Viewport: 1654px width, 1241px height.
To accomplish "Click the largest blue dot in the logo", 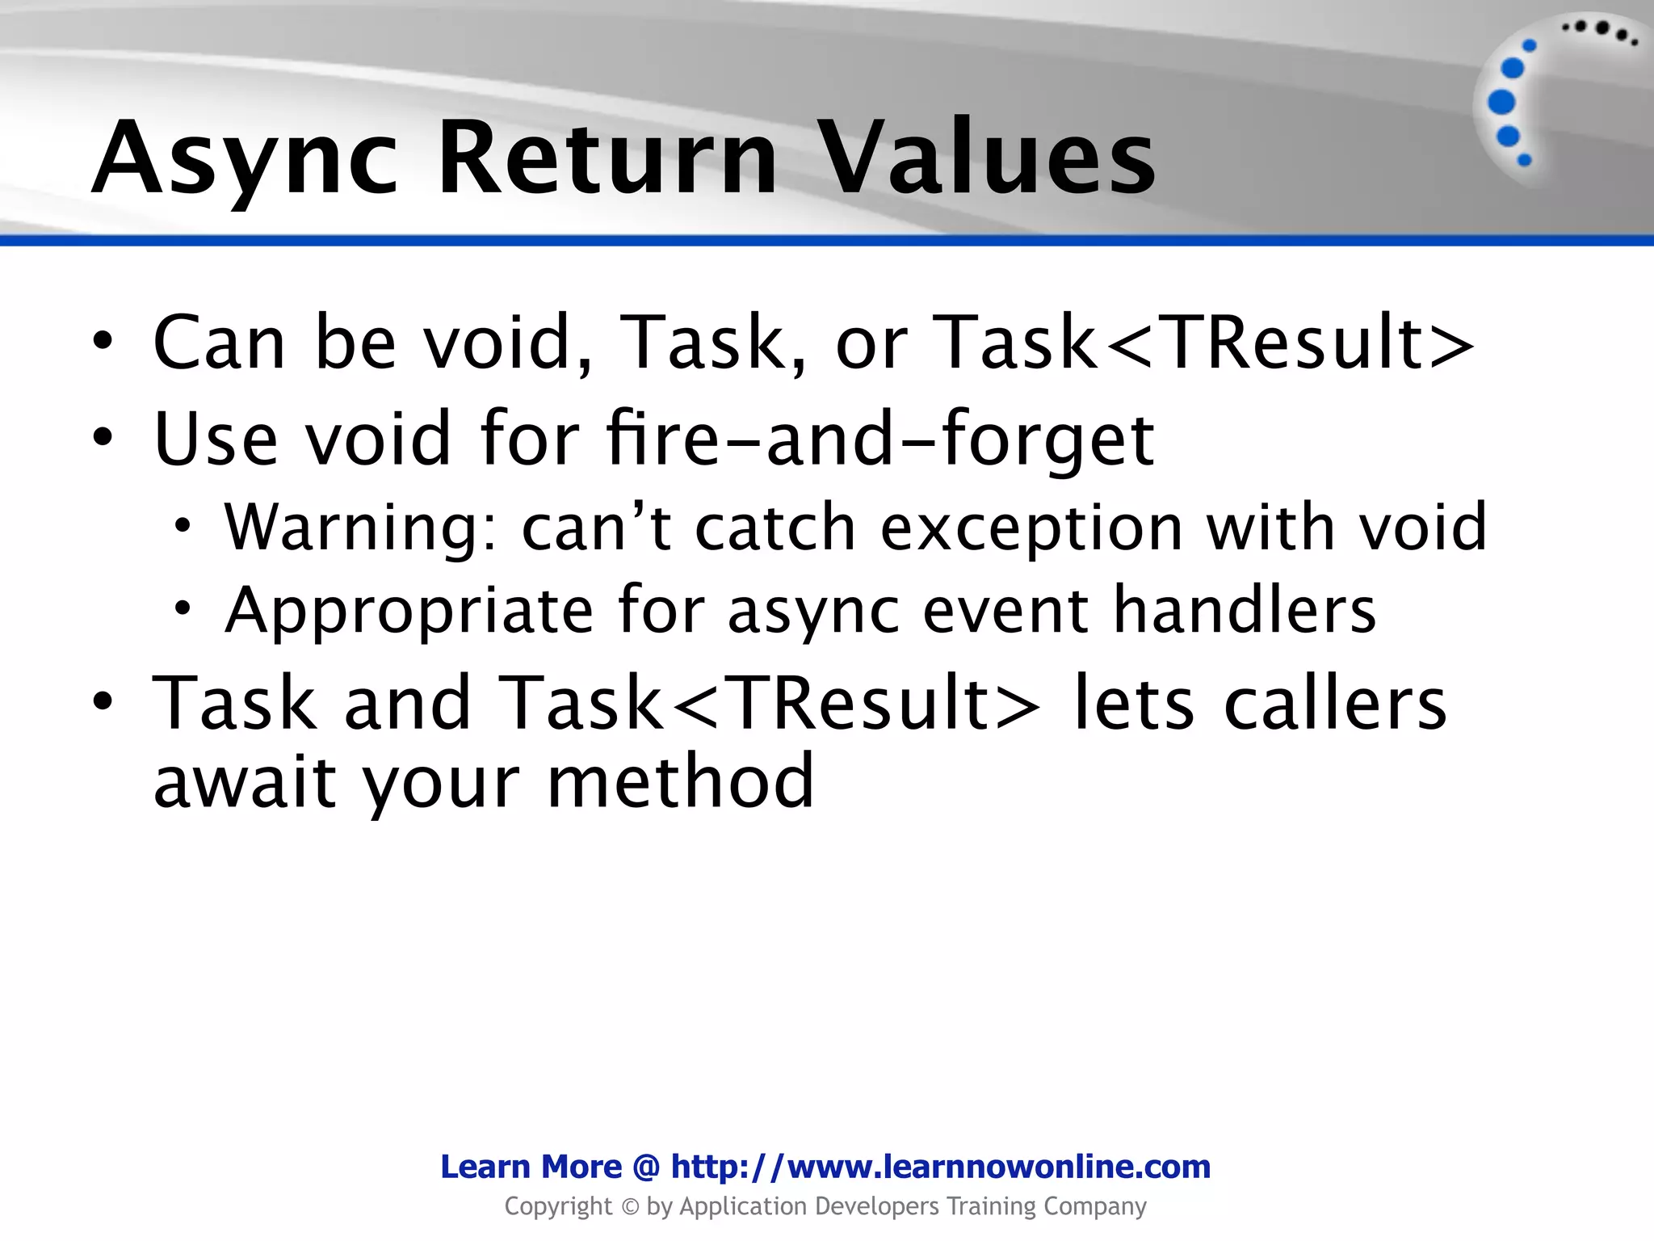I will [1501, 103].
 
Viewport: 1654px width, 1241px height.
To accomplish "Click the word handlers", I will [1245, 609].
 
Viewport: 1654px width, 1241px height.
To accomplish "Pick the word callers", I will [1334, 703].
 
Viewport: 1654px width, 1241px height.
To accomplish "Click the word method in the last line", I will [680, 780].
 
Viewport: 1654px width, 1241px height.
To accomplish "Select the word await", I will [245, 780].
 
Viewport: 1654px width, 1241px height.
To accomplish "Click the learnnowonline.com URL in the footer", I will [941, 1167].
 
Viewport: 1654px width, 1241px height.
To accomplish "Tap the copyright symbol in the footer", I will [631, 1207].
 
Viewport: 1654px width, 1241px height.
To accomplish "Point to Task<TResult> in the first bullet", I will [1203, 343].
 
